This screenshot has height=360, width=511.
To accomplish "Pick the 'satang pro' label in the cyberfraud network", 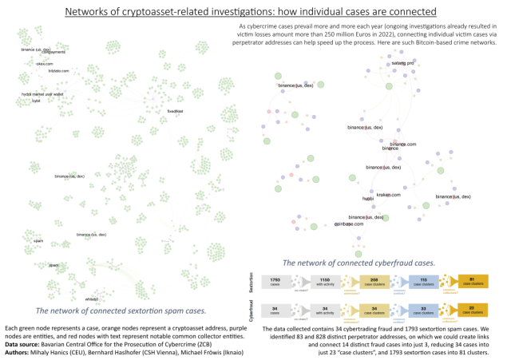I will coord(402,61).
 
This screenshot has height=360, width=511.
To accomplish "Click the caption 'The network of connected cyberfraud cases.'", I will coord(359,262).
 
